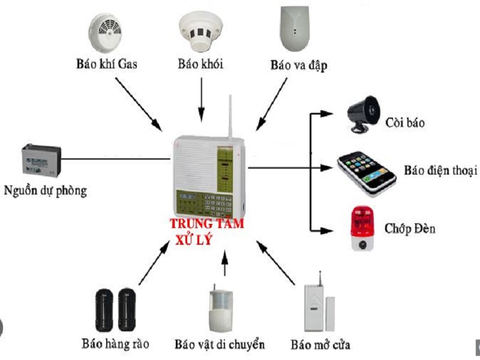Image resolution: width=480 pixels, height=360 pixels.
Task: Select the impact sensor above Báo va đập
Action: pyautogui.click(x=295, y=29)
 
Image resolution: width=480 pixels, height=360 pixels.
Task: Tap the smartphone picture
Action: pyautogui.click(x=366, y=170)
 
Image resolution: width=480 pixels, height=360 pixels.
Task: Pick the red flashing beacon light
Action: pyautogui.click(x=361, y=228)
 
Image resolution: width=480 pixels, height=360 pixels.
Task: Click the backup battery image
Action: pyautogui.click(x=41, y=161)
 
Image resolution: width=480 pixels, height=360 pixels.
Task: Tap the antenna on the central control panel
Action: pyautogui.click(x=229, y=118)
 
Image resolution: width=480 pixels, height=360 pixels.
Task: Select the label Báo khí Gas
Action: pyautogui.click(x=107, y=64)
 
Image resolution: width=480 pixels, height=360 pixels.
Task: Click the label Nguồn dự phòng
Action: pyautogui.click(x=45, y=191)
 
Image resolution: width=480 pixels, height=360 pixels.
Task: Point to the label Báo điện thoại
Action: pyautogui.click(x=440, y=170)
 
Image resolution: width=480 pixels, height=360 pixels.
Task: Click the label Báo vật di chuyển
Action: pyautogui.click(x=220, y=344)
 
